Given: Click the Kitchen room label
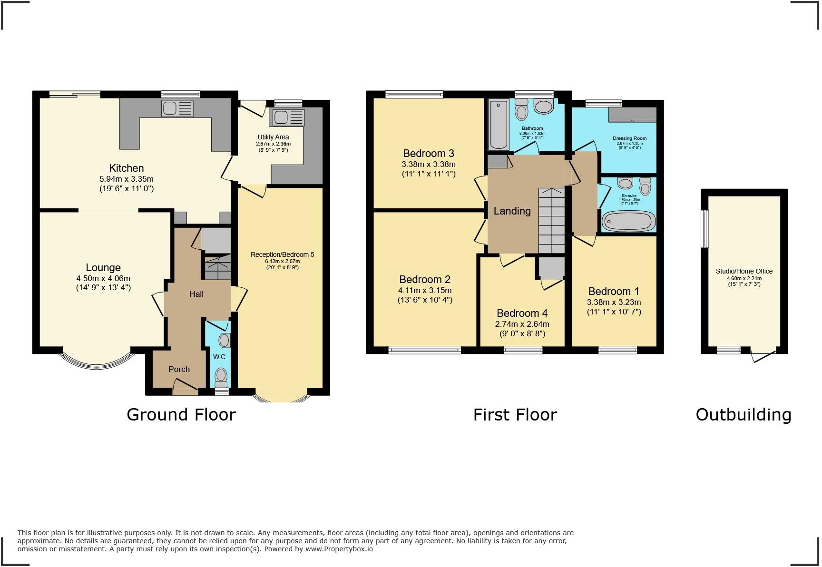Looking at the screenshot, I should point(126,168).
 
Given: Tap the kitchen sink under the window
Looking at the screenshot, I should point(177,108).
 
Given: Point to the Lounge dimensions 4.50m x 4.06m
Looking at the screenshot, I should point(103,279).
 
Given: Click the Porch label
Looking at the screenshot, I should point(179,369).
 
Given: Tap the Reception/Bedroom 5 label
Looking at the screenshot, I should point(282,254).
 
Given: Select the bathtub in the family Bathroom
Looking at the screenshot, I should point(499,125).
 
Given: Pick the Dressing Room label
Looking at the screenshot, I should point(629,138).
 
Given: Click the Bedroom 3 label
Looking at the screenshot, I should point(428,153).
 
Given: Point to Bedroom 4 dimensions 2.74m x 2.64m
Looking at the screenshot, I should point(522,324).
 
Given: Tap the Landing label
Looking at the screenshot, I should point(512,211).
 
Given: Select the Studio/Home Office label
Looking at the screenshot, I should point(744,271).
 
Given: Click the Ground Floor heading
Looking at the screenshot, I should point(181,414).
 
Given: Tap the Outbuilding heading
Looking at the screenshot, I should point(743,414).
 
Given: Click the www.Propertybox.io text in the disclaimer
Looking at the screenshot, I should point(339,549).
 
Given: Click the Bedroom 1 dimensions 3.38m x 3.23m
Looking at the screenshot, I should point(614,302).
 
